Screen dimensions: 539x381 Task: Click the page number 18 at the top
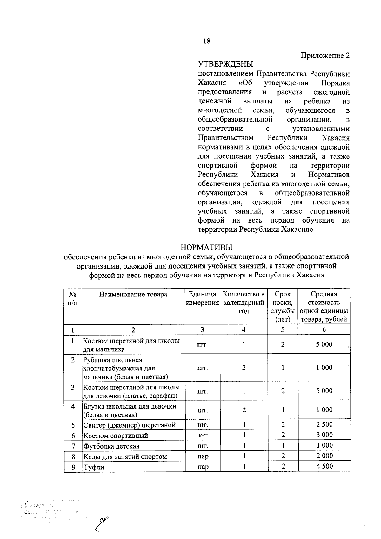(x=206, y=41)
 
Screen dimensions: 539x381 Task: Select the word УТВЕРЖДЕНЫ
(x=225, y=64)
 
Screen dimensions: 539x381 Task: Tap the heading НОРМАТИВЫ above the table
(x=206, y=247)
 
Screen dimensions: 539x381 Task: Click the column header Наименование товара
(x=133, y=294)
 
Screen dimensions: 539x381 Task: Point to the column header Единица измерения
(x=203, y=298)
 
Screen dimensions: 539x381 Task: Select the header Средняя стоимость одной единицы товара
(x=324, y=307)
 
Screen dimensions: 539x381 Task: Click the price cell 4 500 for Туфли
(x=324, y=466)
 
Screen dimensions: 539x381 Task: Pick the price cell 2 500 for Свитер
(x=324, y=424)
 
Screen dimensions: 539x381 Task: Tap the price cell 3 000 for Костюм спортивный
(x=324, y=435)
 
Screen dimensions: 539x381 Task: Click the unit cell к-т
(x=203, y=435)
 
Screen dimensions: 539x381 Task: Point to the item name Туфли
(x=94, y=467)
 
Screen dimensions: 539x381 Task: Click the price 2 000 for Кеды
(x=324, y=456)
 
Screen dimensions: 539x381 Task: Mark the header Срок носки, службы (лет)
(x=283, y=307)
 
